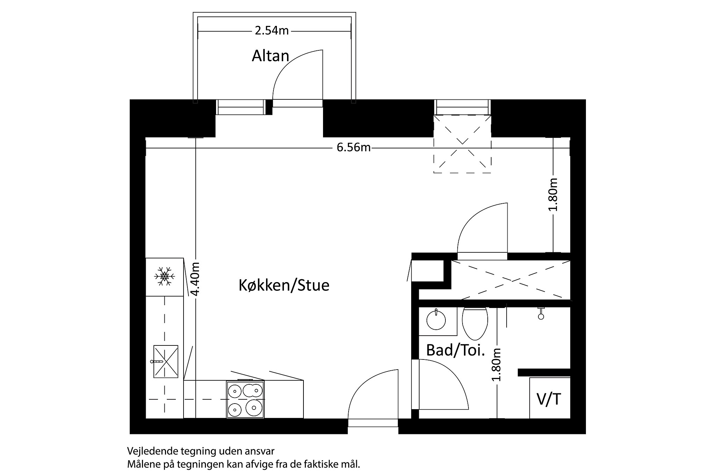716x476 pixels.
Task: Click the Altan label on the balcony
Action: click(270, 56)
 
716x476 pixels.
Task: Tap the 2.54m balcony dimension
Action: click(272, 31)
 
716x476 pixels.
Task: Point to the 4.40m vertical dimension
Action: click(196, 279)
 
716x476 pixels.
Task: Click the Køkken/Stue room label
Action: click(284, 285)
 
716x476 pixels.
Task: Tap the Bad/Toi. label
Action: click(455, 350)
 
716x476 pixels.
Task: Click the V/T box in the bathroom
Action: click(549, 399)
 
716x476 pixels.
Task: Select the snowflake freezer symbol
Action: click(164, 276)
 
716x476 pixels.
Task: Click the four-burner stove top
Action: click(245, 399)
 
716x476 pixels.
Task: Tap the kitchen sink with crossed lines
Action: click(166, 362)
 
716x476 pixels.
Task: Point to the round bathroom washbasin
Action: click(436, 320)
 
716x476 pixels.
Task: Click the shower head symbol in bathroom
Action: click(541, 314)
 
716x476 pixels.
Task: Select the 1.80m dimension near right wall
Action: click(553, 194)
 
